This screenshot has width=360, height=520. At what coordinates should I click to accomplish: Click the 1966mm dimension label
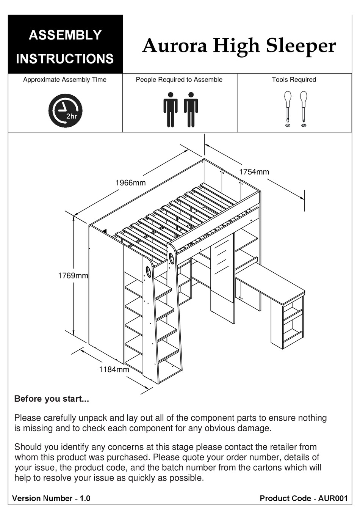pos(130,183)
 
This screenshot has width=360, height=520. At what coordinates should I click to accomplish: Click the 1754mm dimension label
pos(254,172)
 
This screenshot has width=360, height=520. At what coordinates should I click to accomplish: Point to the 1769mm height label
pos(73,276)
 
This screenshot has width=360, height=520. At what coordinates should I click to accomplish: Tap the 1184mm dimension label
pos(114,369)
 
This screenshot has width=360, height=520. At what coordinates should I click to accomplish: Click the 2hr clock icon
pos(65,111)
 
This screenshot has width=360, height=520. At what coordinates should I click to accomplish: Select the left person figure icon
pos(171,110)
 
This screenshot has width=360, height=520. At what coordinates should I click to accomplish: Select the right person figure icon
pos(191,110)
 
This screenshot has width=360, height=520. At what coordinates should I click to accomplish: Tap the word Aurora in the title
pos(175,46)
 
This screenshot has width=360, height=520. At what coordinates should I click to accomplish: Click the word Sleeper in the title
pos(300,46)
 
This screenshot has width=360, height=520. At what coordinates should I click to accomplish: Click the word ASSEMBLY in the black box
pos(65,35)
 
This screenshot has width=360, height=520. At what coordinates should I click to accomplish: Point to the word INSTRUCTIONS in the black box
pos(65,59)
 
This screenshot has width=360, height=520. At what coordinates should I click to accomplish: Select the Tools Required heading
pos(294,80)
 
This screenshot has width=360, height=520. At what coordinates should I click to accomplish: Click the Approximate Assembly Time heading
pos(65,80)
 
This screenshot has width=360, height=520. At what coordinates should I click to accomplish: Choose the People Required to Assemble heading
pos(179,80)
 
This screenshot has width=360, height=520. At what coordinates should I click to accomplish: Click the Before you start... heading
pos(52,399)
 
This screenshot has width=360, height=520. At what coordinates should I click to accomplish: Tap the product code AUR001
pos(333,498)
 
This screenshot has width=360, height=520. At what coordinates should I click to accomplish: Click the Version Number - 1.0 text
pos(51,498)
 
